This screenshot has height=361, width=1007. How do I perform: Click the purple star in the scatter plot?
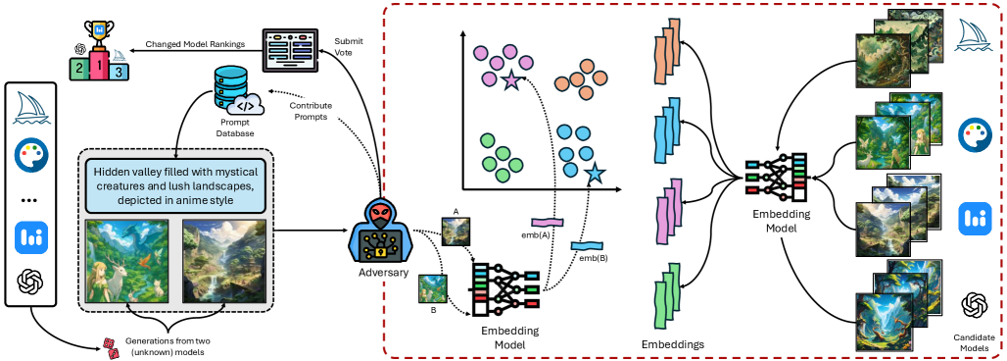pyautogui.click(x=510, y=81)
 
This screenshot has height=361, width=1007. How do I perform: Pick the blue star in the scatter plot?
pyautogui.click(x=594, y=175)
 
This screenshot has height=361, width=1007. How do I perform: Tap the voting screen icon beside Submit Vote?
pyautogui.click(x=293, y=48)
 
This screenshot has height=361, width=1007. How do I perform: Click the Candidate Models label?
pyautogui.click(x=973, y=342)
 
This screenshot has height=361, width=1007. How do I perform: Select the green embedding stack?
pyautogui.click(x=665, y=303)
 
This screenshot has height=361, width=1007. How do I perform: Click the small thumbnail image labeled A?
pyautogui.click(x=455, y=229)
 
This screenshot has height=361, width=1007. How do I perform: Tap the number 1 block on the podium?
pyautogui.click(x=98, y=67)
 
